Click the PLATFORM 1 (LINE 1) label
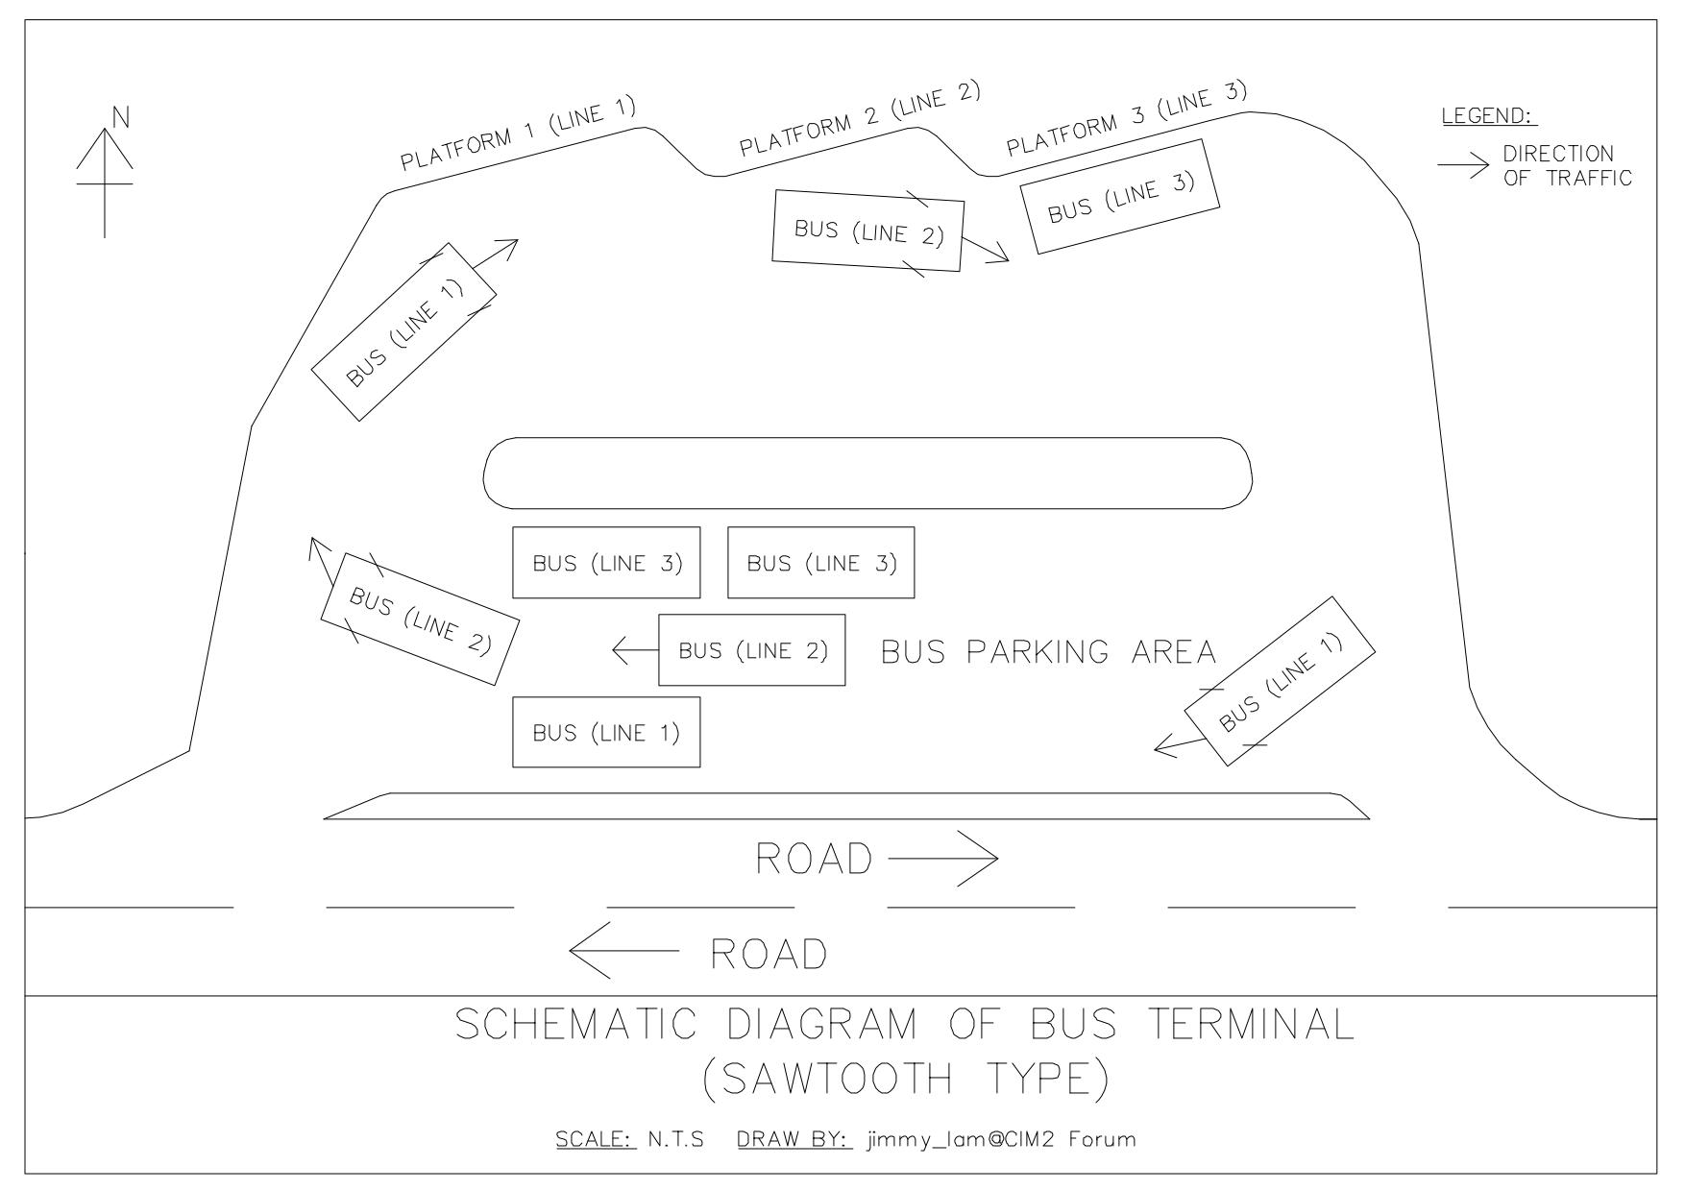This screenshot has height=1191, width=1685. pos(519,135)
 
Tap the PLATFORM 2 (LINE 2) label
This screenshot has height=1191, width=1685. pos(859,119)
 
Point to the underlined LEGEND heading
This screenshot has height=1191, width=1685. pos(1488,116)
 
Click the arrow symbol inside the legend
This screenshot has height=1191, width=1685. pos(1461,166)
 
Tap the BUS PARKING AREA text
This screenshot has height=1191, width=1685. pos(1048,652)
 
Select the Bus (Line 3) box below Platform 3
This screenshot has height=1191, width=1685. pos(1120,197)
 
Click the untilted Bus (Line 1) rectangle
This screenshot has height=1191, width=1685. pos(606,732)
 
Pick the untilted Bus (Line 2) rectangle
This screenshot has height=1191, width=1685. pos(752,650)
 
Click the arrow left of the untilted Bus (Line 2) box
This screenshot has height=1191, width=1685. pos(634,650)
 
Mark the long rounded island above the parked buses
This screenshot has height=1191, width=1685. pos(867,473)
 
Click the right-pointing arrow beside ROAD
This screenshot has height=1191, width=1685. pos(943,859)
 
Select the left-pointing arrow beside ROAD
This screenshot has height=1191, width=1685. pos(623,950)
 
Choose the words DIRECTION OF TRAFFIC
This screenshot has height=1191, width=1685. pos(1566,166)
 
